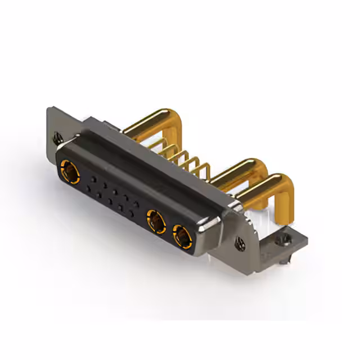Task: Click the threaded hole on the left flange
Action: click(x=56, y=136)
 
